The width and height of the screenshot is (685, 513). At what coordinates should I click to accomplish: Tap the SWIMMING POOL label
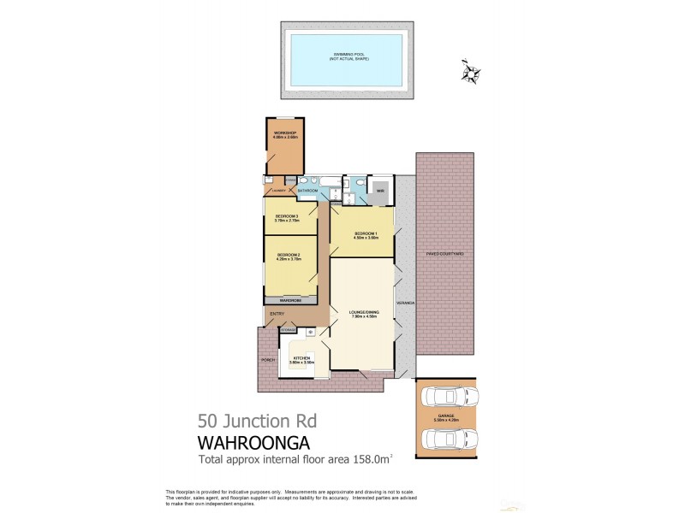[x=346, y=57]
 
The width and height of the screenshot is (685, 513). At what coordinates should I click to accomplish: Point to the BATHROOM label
[x=307, y=190]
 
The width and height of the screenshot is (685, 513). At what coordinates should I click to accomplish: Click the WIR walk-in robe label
[x=380, y=190]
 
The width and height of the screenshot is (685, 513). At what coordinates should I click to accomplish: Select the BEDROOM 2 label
[x=288, y=255]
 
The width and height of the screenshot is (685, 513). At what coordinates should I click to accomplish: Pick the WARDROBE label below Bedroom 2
[x=290, y=301]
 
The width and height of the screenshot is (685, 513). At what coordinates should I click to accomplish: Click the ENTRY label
[x=277, y=315]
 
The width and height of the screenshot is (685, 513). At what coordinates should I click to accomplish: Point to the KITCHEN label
[x=301, y=357]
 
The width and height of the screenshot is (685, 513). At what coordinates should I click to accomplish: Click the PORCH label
[x=268, y=361]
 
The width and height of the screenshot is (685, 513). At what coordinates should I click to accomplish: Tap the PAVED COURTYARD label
[x=445, y=254]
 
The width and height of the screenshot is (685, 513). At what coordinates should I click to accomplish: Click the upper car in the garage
[x=446, y=398]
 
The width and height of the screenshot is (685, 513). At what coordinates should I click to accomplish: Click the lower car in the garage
[x=446, y=439]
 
